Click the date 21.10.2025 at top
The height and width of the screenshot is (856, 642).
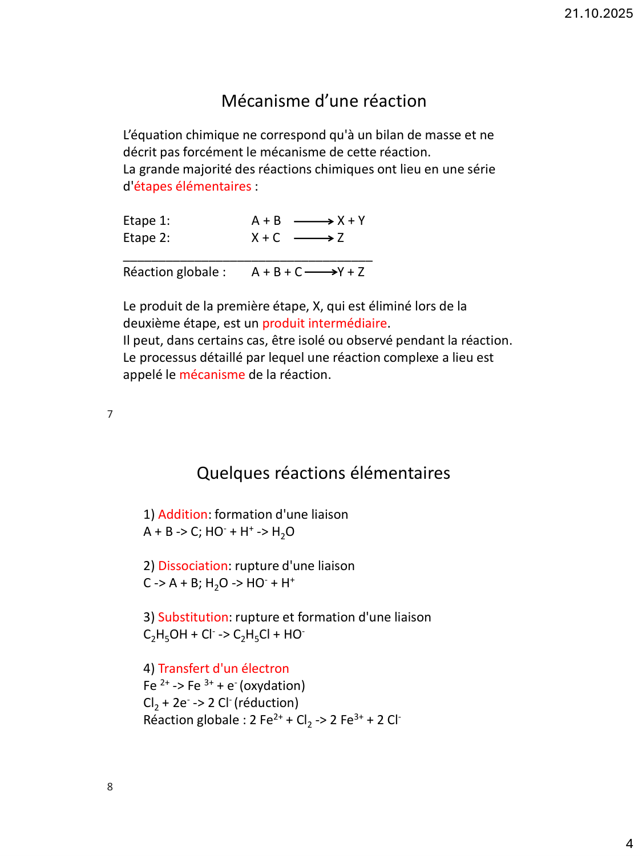pyautogui.click(x=598, y=13)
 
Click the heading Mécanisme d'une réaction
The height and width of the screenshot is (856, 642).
pyautogui.click(x=324, y=101)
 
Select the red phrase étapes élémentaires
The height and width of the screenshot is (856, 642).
pyautogui.click(x=192, y=187)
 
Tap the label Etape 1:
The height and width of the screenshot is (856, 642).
pyautogui.click(x=147, y=221)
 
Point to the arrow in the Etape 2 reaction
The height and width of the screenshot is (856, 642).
pyautogui.click(x=313, y=238)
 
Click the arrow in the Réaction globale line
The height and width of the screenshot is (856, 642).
pyautogui.click(x=321, y=272)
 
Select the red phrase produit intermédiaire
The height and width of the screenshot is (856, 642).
pyautogui.click(x=324, y=324)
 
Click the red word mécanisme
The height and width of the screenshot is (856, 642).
pyautogui.click(x=212, y=375)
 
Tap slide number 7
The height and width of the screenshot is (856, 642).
pyautogui.click(x=110, y=414)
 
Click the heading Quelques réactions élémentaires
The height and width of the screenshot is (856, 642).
pyautogui.click(x=323, y=473)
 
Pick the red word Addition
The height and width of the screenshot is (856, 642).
pyautogui.click(x=183, y=515)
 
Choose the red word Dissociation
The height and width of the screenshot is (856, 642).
pyautogui.click(x=193, y=566)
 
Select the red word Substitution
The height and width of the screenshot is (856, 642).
pyautogui.click(x=193, y=617)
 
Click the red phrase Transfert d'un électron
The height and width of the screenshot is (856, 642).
pyautogui.click(x=223, y=669)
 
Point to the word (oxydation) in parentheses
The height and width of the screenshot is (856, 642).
pyautogui.click(x=272, y=686)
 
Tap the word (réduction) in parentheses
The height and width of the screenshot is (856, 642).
pyautogui.click(x=266, y=703)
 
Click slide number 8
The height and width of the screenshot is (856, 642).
pyautogui.click(x=110, y=787)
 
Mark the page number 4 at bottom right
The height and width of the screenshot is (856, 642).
pyautogui.click(x=629, y=844)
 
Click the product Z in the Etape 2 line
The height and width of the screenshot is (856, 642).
pyautogui.click(x=341, y=238)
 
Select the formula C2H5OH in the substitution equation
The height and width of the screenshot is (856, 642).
pyautogui.click(x=165, y=635)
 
